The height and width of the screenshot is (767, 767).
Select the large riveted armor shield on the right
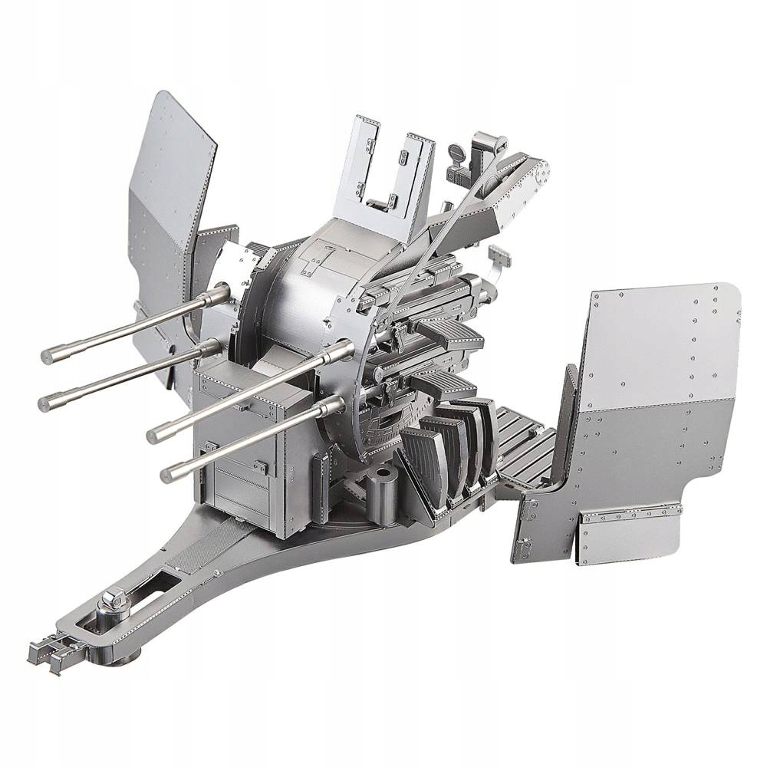[x=660, y=383]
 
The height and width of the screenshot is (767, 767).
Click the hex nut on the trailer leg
[x=117, y=596]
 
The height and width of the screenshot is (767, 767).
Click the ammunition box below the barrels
[x=238, y=460]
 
